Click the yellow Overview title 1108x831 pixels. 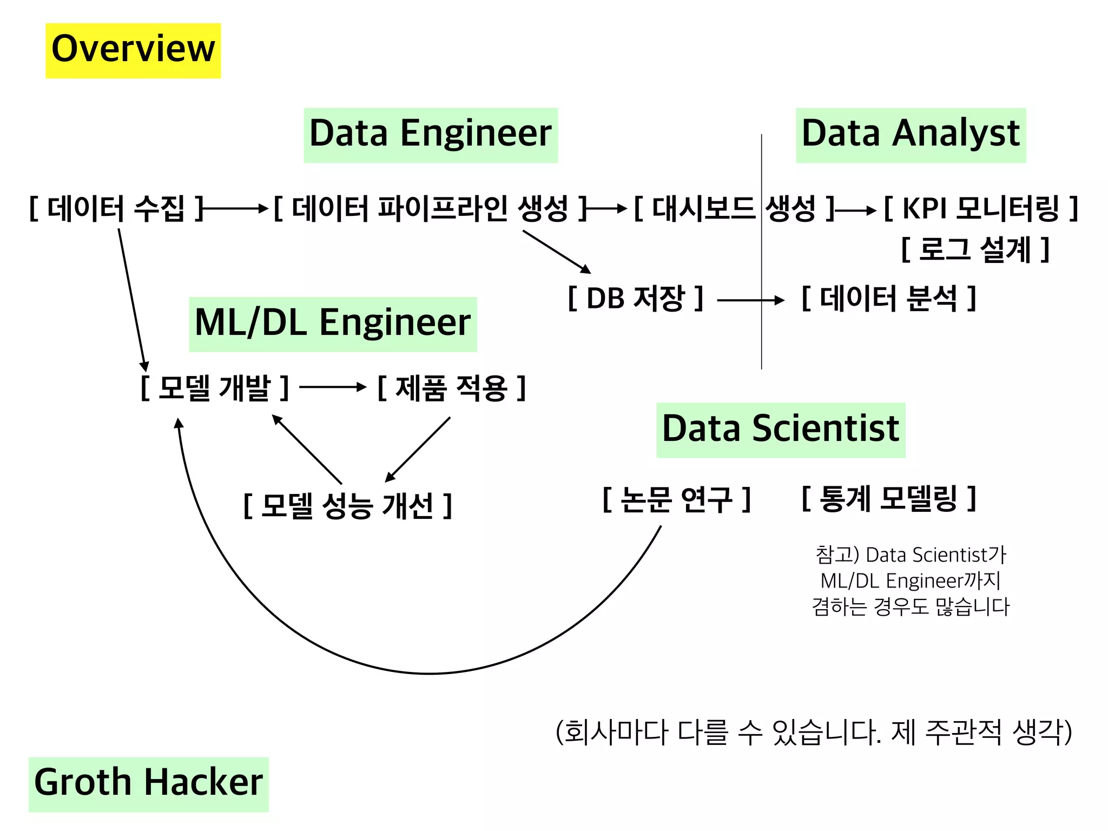click(133, 50)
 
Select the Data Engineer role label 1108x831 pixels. click(431, 135)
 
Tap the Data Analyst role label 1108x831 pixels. click(911, 135)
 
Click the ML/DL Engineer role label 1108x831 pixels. click(333, 324)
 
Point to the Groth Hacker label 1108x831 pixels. click(148, 784)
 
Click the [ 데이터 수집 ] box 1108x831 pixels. click(116, 209)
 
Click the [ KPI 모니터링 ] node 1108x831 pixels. click(981, 209)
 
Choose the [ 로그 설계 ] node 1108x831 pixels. click(975, 250)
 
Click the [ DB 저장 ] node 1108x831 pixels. click(636, 299)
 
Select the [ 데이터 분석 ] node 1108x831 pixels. click(889, 299)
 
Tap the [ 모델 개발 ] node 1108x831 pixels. click(215, 387)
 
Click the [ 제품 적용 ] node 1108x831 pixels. click(452, 387)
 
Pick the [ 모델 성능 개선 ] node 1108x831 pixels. click(348, 506)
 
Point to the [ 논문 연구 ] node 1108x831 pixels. click(677, 499)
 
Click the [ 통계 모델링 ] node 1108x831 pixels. click(889, 499)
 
